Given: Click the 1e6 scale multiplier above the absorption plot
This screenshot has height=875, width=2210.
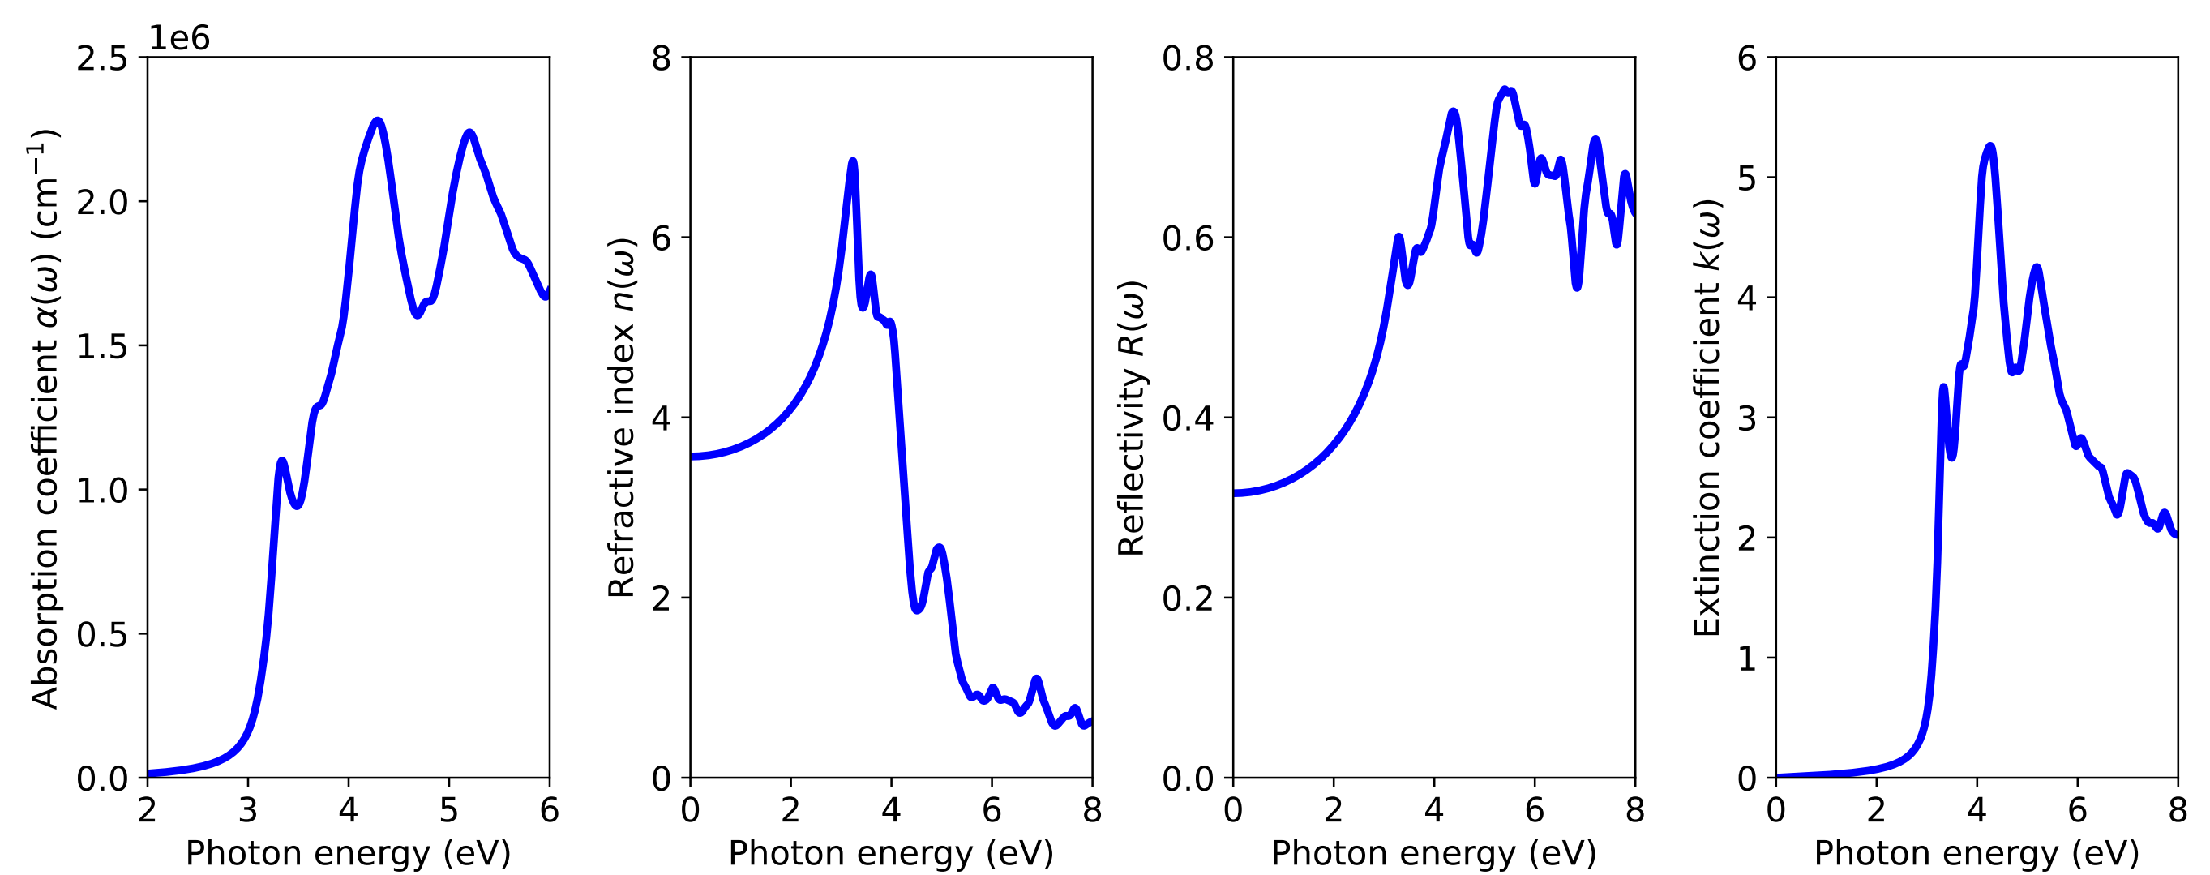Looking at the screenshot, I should pos(179,39).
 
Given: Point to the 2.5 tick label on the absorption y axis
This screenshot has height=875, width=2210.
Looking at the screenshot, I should pos(101,58).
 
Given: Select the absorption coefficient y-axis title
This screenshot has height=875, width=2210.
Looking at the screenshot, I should pos(45,418).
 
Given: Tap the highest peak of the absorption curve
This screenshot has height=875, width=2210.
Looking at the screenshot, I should pos(377,121).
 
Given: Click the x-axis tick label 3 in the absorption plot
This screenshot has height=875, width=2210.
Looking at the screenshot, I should pos(248,810).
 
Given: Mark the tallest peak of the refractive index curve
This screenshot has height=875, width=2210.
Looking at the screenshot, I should pos(852,161).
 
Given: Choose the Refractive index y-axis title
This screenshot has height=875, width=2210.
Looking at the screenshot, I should pos(621,418).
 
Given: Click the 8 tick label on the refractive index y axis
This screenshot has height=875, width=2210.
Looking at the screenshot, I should pos(662,58).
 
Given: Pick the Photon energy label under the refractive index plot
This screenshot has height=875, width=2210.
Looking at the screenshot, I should pos(890,854).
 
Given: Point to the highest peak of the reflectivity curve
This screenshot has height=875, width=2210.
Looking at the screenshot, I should pos(1505,89).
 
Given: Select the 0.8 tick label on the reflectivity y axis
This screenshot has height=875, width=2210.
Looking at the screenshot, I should pos(1189,58).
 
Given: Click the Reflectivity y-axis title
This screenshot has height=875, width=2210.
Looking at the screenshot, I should pos(1132,418).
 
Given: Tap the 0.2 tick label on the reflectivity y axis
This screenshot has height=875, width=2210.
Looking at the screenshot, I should pos(1189,598).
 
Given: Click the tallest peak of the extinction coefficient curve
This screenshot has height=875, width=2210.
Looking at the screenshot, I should pos(1989,147).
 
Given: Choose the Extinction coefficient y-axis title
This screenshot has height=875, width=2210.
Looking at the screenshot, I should pos(1707,418).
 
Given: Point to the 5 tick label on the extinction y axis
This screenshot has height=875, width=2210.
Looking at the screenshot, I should pos(1747,178).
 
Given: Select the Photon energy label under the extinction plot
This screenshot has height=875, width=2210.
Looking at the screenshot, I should pos(1977,854).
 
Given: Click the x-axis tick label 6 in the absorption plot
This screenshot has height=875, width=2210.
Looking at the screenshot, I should pos(549,810).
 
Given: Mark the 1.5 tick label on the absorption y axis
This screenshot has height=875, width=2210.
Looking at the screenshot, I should pos(101,346).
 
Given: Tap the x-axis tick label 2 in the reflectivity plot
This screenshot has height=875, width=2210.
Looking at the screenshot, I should pos(1333,810).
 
